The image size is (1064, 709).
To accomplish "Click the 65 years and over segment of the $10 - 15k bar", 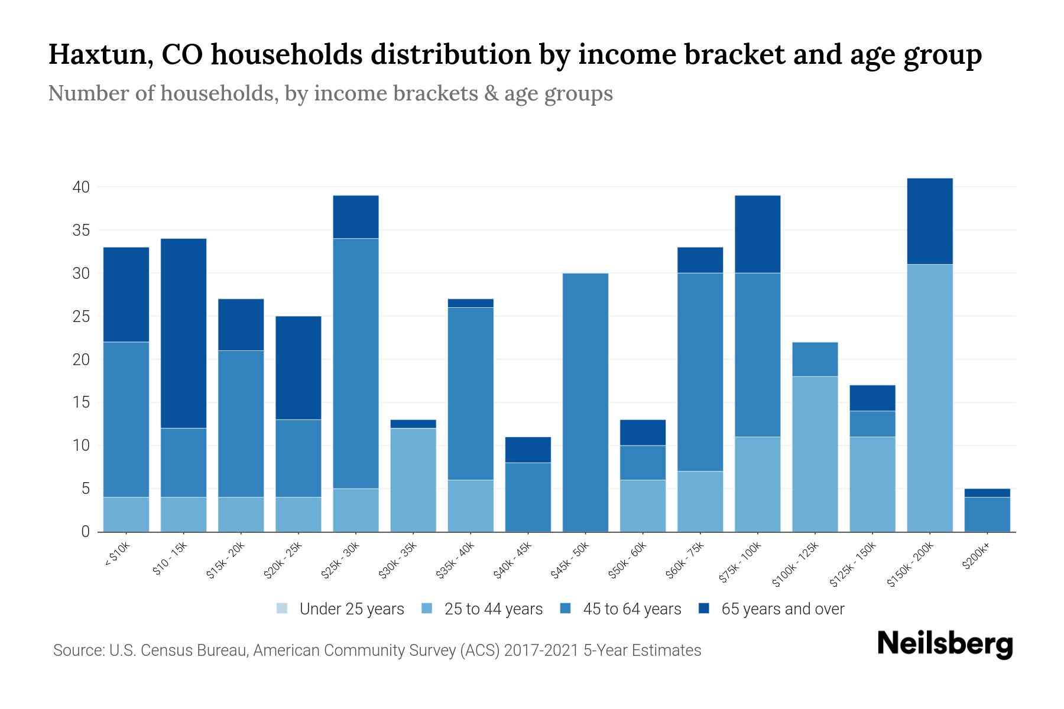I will click(183, 333).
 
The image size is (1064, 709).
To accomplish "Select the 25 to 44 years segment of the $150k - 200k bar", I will click(930, 398).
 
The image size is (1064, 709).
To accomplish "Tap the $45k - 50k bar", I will click(585, 402).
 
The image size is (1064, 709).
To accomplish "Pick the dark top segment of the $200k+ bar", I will click(987, 493).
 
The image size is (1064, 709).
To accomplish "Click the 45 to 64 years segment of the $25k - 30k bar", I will click(355, 363).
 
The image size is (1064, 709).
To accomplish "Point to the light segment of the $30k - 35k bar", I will click(413, 480).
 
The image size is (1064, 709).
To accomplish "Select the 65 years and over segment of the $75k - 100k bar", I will click(757, 234).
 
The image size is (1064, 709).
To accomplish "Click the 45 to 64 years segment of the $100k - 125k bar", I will click(815, 359).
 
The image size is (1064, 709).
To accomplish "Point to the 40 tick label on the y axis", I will click(81, 188).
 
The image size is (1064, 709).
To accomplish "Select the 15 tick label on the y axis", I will click(81, 403).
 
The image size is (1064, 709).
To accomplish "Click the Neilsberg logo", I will click(945, 643).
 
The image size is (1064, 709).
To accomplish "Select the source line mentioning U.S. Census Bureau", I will click(377, 651).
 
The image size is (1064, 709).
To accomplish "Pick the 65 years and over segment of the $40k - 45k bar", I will click(528, 450).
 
